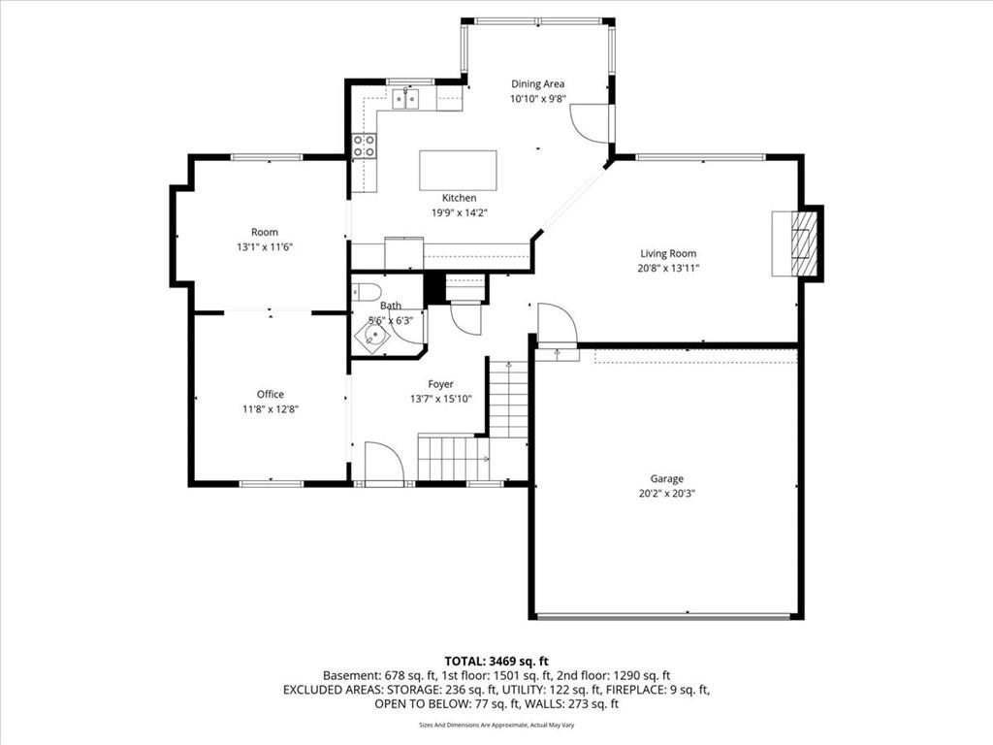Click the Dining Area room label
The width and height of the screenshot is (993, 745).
point(537,83)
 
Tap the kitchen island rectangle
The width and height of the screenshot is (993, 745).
point(458,170)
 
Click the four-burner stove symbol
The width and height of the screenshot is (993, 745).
point(365,146)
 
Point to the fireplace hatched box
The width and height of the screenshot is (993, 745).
point(804,243)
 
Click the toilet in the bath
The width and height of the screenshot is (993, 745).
point(366,292)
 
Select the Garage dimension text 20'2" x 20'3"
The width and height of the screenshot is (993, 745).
point(667,494)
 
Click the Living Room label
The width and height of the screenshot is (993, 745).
point(668,253)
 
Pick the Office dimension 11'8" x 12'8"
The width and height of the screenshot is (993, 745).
point(271,409)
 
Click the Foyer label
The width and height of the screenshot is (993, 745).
point(441,384)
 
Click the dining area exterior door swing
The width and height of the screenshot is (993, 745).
point(591,122)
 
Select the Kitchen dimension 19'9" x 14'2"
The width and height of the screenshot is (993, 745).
point(459,212)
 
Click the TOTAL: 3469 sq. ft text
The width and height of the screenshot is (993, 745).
point(496,662)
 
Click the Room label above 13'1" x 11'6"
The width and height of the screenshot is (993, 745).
point(265,232)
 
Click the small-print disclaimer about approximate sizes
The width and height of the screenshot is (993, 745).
point(496,725)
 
